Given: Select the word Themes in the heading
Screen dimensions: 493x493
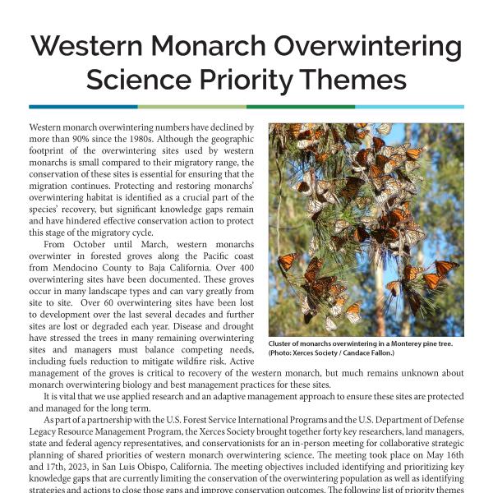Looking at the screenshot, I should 359,80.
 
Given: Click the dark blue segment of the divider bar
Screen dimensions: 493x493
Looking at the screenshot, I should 82,107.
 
